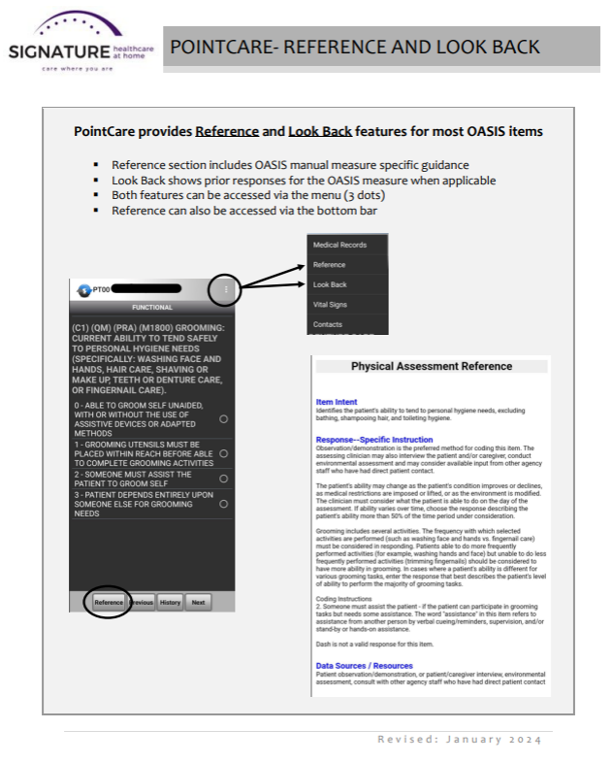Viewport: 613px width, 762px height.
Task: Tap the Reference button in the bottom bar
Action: [x=110, y=602]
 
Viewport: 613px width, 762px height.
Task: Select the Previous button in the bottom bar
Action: [x=142, y=602]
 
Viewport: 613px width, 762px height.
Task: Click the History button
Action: [x=171, y=602]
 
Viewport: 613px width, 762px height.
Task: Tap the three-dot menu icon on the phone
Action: [x=225, y=288]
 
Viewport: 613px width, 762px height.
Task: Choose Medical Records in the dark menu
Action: [x=339, y=245]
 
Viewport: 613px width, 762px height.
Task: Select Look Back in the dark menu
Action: [x=330, y=284]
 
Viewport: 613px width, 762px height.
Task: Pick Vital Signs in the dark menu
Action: [x=331, y=305]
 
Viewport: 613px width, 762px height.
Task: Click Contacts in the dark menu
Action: [x=328, y=324]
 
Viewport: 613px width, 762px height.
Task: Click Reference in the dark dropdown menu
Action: [x=330, y=265]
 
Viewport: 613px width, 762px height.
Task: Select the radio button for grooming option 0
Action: [x=224, y=418]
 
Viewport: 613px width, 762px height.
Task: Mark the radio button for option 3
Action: [x=224, y=504]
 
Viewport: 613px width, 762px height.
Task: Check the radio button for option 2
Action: [x=224, y=479]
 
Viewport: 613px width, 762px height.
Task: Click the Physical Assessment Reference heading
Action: [x=431, y=366]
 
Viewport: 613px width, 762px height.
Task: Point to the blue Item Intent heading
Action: [x=337, y=402]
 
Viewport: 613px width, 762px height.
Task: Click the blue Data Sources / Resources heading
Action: [x=364, y=666]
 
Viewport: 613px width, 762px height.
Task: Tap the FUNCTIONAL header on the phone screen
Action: [x=152, y=307]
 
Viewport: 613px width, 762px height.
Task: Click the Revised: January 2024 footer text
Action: [x=460, y=740]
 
